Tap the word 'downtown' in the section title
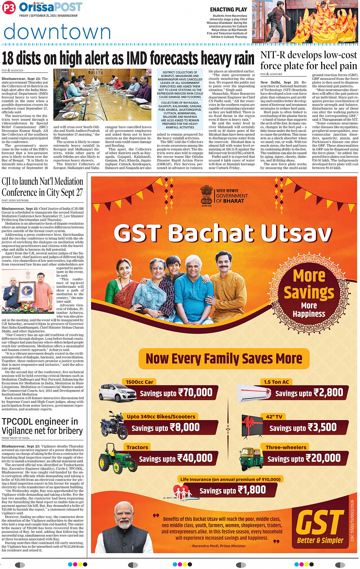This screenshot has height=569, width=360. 57,32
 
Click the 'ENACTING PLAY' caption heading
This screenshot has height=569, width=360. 228,10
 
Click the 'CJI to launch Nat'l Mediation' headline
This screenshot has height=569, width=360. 42,182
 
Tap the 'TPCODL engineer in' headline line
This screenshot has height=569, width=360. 40,422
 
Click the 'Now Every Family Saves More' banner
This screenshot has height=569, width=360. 224,359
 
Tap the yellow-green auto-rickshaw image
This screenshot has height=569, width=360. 251,459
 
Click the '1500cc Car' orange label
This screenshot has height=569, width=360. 139,382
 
